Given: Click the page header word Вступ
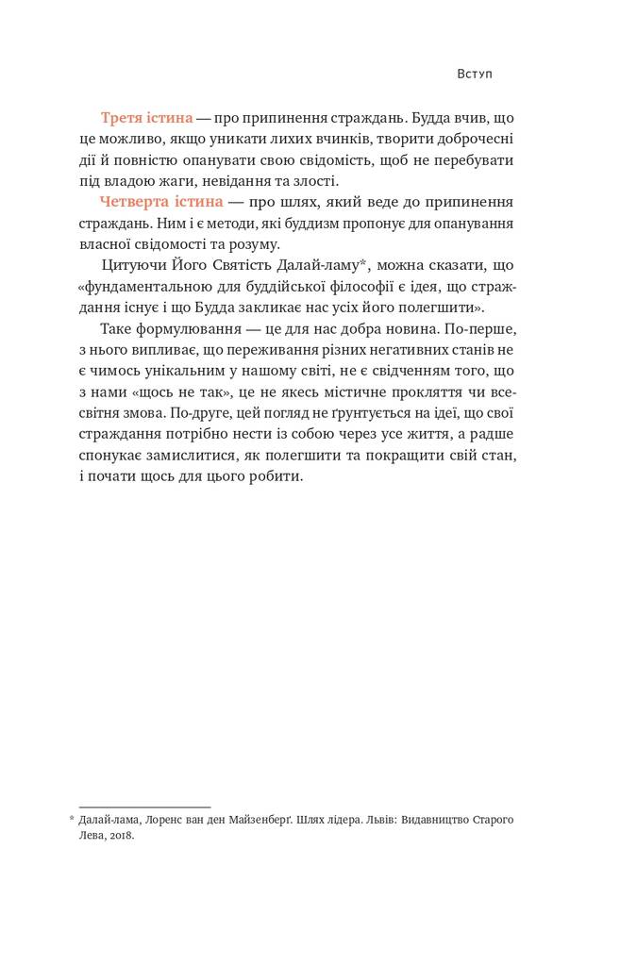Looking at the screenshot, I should (474, 74).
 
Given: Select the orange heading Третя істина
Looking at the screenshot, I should (146, 118).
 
